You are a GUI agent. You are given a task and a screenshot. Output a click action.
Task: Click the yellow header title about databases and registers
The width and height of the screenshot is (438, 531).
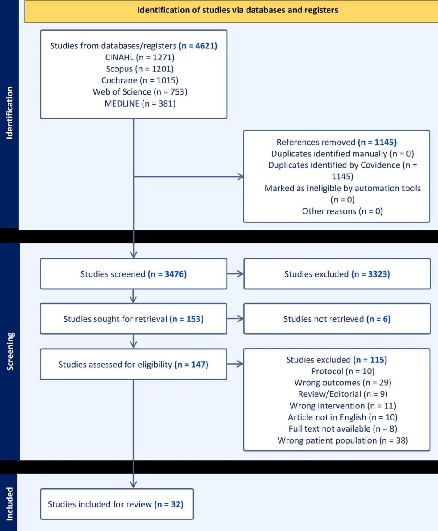click(238, 10)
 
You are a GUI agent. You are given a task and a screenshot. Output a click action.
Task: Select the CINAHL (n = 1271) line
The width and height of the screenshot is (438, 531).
click(139, 57)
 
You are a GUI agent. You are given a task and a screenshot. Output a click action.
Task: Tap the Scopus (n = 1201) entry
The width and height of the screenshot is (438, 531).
click(139, 69)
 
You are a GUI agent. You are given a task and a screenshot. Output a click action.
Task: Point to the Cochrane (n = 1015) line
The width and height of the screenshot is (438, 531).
click(139, 80)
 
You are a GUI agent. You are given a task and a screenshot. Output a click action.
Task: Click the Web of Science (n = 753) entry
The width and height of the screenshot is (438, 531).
click(140, 92)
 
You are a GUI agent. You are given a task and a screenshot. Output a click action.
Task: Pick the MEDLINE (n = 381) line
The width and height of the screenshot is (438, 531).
click(140, 103)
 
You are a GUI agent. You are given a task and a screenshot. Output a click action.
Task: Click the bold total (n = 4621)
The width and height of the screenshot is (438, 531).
click(198, 46)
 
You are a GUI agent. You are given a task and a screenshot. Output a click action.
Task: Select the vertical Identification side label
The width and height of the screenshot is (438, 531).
click(9, 113)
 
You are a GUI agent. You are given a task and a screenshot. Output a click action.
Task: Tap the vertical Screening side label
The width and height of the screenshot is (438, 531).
click(10, 351)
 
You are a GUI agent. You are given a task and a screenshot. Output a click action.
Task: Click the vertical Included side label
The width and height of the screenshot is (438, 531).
click(9, 503)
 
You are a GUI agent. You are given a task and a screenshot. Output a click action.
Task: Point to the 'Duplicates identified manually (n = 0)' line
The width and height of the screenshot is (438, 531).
click(342, 154)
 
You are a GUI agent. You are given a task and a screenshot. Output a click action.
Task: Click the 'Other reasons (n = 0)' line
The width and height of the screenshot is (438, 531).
click(342, 211)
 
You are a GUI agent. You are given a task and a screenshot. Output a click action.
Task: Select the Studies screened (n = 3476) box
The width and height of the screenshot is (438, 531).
click(133, 274)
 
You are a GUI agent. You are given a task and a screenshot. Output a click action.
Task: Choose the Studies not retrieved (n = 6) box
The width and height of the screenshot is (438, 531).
click(337, 319)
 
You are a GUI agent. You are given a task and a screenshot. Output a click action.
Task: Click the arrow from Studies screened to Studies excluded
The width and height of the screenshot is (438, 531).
click(235, 274)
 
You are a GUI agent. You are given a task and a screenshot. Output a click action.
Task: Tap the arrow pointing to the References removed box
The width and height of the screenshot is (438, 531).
click(189, 176)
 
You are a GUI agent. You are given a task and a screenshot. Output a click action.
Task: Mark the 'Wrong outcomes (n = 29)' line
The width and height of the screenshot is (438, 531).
click(342, 383)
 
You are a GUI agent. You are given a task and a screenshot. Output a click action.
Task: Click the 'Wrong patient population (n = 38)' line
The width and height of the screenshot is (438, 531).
click(342, 440)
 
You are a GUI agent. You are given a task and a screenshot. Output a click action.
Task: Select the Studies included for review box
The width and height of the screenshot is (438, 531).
click(117, 504)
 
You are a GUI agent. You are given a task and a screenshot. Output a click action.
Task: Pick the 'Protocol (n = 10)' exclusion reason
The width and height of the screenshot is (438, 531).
click(342, 371)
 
